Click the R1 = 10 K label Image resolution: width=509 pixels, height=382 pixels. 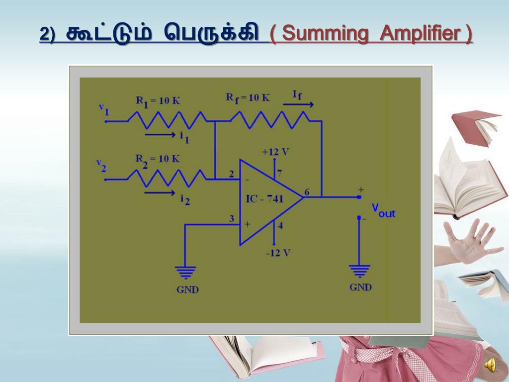(x=158, y=100)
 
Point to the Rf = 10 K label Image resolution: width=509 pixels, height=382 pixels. (x=248, y=97)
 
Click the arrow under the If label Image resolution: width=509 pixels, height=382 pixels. (x=298, y=105)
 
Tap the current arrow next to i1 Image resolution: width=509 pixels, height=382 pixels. (x=160, y=134)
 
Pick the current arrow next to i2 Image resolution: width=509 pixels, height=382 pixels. (x=160, y=192)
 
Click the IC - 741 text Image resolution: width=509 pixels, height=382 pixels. (x=265, y=199)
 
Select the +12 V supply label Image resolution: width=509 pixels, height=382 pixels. (x=276, y=151)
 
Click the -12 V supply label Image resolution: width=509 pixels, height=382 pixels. (x=278, y=253)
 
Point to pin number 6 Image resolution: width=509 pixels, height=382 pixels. (x=307, y=192)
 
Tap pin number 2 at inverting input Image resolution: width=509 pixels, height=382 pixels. (x=232, y=174)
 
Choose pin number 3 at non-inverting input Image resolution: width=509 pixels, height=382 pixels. (x=232, y=219)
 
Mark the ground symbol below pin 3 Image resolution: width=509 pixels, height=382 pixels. (x=185, y=272)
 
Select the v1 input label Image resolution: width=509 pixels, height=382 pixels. (x=103, y=108)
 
